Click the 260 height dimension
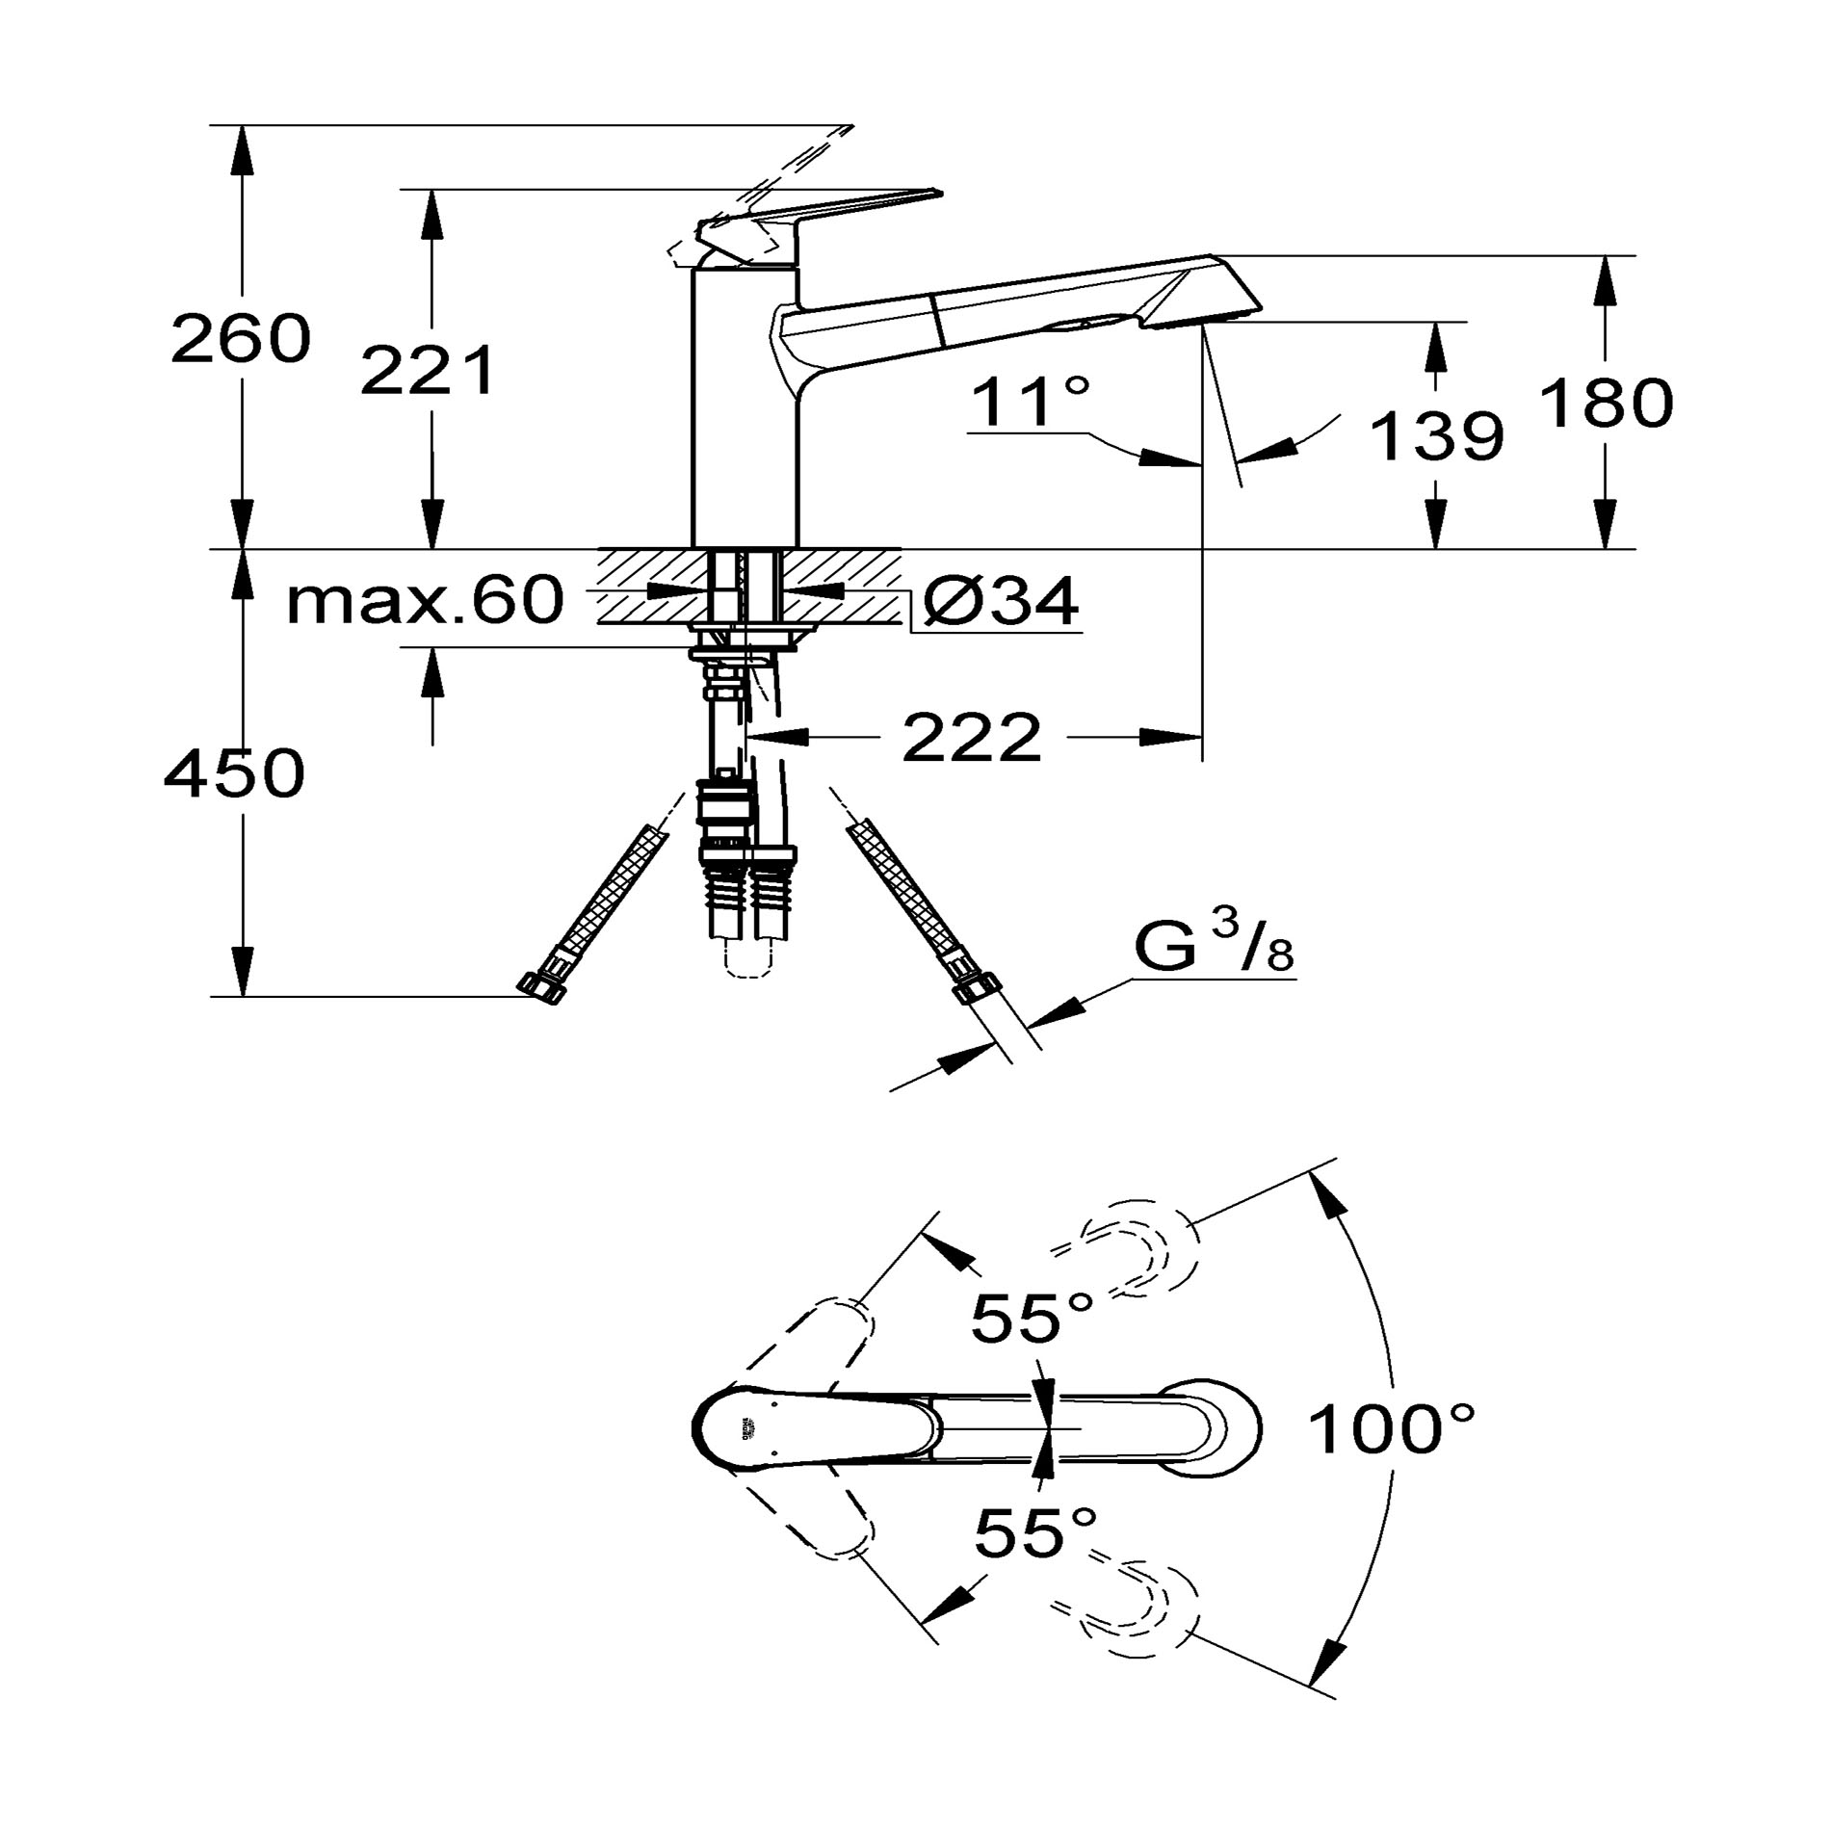(241, 339)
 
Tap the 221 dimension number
(429, 371)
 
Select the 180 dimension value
(1606, 403)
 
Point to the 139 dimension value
(1435, 435)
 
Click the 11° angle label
(1031, 402)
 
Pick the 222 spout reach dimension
(973, 739)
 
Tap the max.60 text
(425, 600)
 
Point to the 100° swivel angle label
(1392, 1428)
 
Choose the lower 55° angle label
(1035, 1532)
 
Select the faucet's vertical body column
(745, 405)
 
